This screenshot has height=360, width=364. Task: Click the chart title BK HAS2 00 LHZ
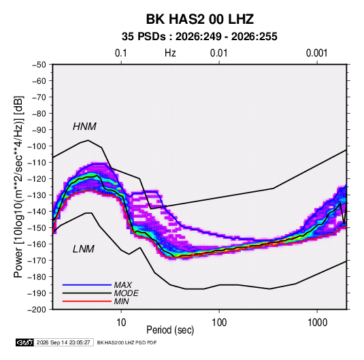[x=199, y=19]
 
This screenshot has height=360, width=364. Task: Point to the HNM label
[x=84, y=127]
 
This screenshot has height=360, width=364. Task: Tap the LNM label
[x=83, y=249]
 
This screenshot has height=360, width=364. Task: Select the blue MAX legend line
[x=87, y=285]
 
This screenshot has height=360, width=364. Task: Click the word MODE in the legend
[x=126, y=293]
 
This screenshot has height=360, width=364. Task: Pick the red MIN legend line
[x=87, y=301]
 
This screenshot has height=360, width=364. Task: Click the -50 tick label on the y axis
[x=39, y=65]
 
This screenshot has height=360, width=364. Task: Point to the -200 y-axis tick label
[x=37, y=310]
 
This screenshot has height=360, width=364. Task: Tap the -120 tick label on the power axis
[x=37, y=179]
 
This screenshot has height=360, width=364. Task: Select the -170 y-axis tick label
[x=37, y=261]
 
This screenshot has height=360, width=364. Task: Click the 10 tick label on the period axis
[x=121, y=323]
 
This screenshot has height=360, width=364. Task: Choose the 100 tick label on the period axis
[x=219, y=323]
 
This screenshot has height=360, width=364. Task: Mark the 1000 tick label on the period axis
[x=317, y=323]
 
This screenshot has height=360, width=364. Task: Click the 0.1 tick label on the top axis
[x=121, y=53]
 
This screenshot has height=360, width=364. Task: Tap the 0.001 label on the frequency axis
[x=316, y=53]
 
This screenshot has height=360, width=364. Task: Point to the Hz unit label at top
[x=170, y=53]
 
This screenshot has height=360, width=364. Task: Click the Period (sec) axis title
[x=170, y=330]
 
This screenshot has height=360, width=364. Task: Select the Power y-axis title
[x=18, y=186]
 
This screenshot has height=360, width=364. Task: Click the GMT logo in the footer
[x=24, y=342]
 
